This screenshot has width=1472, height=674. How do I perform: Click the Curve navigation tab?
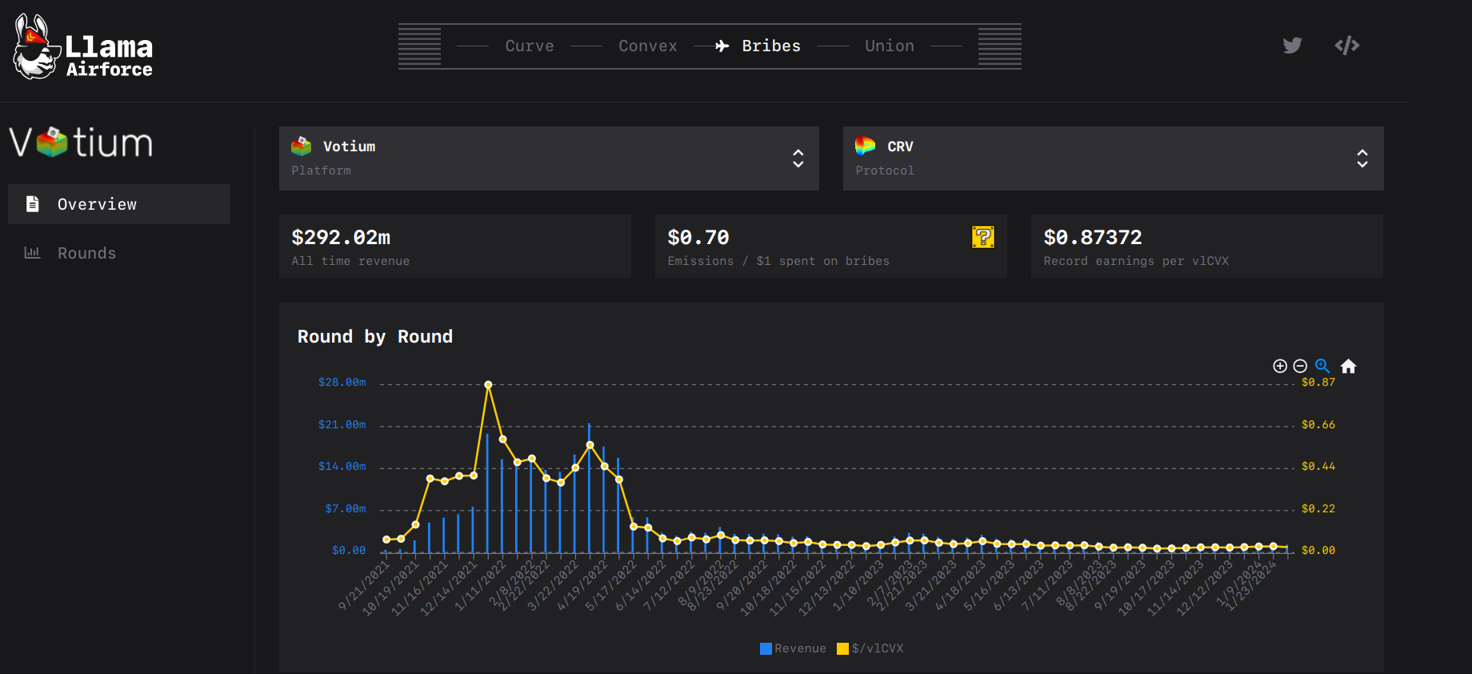[529, 46]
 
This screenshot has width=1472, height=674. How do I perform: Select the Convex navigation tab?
[647, 46]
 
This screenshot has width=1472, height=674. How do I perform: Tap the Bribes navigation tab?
[770, 46]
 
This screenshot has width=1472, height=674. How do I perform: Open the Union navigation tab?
[889, 46]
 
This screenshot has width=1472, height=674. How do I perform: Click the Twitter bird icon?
[1292, 46]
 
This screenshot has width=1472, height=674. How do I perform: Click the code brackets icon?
[1347, 46]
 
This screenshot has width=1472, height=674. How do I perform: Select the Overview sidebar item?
[119, 204]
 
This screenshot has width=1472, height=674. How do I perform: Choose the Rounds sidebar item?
[86, 253]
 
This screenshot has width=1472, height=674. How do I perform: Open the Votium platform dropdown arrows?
[798, 158]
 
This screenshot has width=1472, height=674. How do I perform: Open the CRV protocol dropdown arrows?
[1362, 158]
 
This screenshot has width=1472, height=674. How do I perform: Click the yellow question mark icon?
[982, 237]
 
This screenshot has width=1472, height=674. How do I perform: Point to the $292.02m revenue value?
[341, 238]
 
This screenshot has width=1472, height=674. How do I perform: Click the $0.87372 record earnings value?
[1092, 238]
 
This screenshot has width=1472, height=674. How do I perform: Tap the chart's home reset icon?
[1348, 367]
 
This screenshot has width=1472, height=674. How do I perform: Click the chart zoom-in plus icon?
[1280, 367]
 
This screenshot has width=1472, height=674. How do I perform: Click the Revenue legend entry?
[793, 648]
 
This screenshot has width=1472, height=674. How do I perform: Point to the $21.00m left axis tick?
[342, 424]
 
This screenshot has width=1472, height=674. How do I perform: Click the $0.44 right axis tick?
[1318, 467]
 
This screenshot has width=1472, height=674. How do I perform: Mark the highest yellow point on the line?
[488, 385]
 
